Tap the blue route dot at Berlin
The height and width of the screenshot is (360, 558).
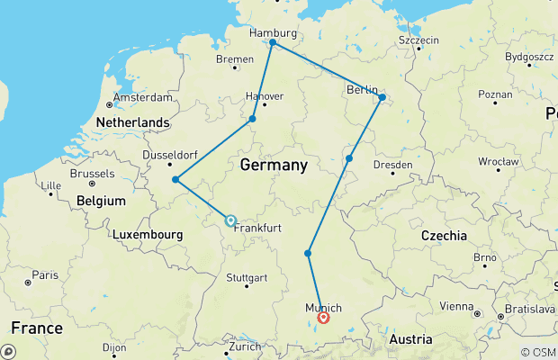382,97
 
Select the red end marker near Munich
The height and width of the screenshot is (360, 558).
323,317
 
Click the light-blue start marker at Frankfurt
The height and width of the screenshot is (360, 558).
230,220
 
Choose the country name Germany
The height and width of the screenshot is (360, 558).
274,166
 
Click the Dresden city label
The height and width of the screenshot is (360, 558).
393,165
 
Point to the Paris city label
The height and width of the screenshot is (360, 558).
45,274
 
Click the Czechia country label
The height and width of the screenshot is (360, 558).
443,236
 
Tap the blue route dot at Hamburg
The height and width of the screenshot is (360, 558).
273,42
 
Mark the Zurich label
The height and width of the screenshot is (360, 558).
244,346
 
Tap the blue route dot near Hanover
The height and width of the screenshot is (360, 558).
253,119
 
